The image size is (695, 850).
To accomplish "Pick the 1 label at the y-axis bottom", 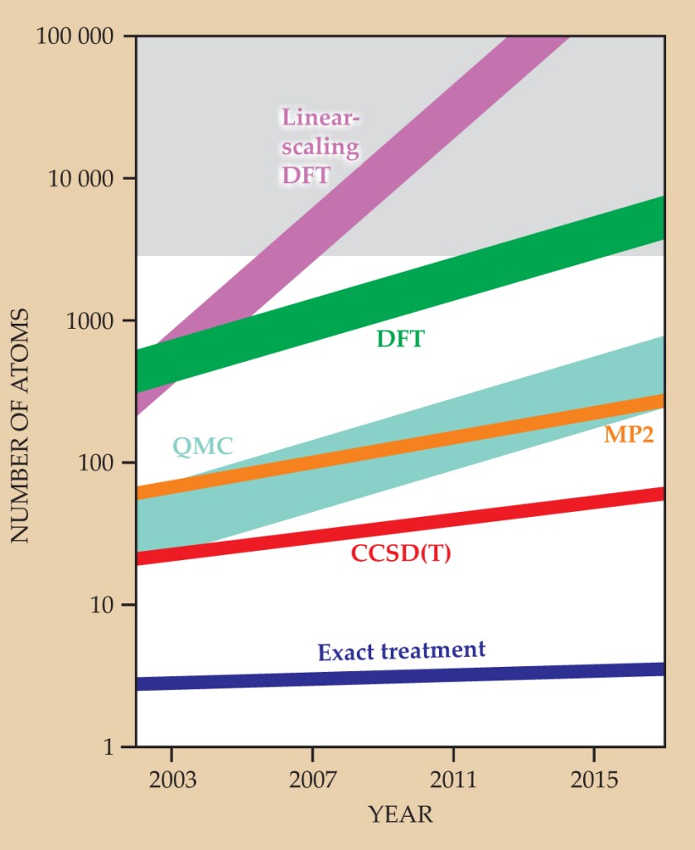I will coord(119,747).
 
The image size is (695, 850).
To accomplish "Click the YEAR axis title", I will coord(401,815).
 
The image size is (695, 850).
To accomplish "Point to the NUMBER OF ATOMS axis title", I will coord(21,426).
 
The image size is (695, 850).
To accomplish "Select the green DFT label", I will coord(400,340).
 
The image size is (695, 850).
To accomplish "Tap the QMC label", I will coord(203,446).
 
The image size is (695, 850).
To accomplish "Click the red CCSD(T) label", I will coord(401,554).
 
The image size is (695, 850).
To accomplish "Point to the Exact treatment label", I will coord(402,651).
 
